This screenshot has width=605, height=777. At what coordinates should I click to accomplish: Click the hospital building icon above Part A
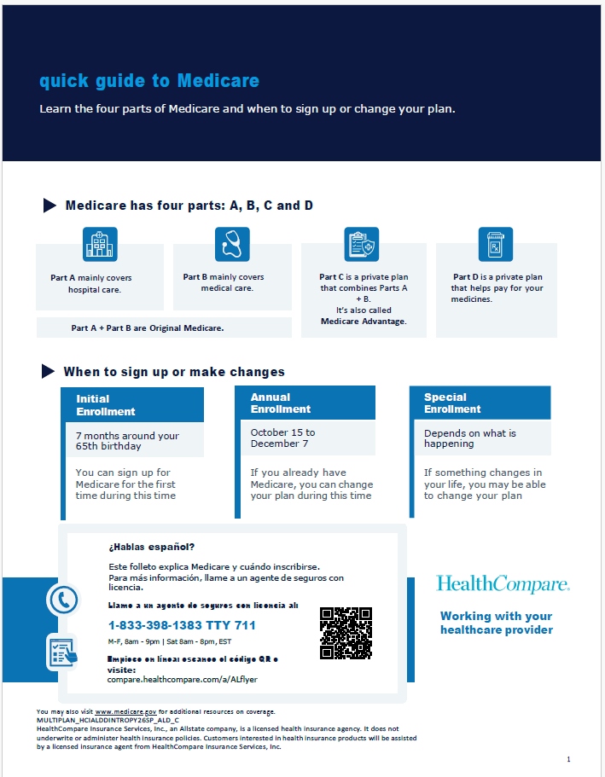pos(100,245)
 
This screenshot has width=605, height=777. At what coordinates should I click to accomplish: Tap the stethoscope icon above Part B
pos(232,245)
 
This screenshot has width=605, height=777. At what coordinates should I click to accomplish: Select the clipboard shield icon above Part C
pos(362,245)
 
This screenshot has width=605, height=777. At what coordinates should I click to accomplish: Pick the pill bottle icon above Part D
pos(496,245)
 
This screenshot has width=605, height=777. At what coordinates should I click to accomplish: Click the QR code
pos(346,633)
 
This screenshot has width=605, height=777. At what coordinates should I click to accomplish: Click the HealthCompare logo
pos(503,584)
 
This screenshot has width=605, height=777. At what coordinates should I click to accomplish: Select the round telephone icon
pos(62,600)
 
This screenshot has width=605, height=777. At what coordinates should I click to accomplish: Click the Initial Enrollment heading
pos(105,405)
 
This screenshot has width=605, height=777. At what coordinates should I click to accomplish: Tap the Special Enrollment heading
pos(452,403)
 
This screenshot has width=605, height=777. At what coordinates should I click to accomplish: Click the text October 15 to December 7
pos(282,438)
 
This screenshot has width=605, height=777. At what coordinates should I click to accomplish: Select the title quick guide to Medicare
pos(149,81)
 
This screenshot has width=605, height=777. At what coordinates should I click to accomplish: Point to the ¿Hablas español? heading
pos(151,547)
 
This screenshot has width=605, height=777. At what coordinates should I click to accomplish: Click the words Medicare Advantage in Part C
pos(364,322)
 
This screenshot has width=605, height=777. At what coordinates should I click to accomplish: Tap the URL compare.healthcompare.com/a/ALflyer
pos(183,679)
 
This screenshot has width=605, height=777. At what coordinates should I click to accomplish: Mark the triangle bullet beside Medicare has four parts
pos(49,206)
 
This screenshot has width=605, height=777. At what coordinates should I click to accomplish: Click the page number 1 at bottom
pos(568,759)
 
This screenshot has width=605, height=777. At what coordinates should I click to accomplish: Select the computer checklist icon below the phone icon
pos(62,652)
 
